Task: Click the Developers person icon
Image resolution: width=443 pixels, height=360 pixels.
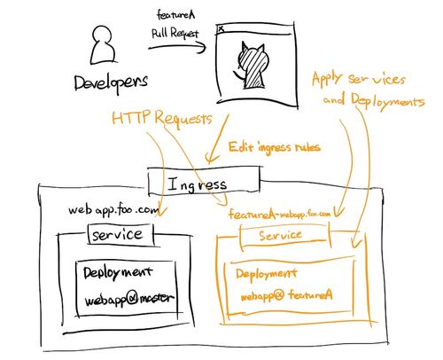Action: (x=103, y=45)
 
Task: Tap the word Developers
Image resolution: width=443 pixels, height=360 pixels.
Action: (x=111, y=83)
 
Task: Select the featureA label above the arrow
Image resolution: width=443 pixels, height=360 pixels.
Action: (x=176, y=15)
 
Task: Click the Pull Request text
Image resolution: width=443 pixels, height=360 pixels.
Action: (x=175, y=33)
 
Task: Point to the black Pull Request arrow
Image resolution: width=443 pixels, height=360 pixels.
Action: (x=177, y=47)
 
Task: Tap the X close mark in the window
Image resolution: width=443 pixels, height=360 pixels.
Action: (x=221, y=29)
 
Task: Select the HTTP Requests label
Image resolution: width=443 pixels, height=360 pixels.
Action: (x=162, y=118)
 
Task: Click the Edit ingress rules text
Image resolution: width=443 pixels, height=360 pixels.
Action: (x=275, y=146)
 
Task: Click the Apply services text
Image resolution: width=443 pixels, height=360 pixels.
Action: (x=359, y=79)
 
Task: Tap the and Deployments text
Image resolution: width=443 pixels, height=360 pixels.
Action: (x=374, y=100)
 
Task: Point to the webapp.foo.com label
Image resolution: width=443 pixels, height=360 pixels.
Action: (x=113, y=211)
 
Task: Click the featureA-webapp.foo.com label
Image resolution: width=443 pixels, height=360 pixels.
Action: (x=279, y=214)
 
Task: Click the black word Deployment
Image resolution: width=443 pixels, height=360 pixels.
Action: (x=118, y=272)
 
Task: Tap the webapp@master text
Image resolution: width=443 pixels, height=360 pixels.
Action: (x=129, y=299)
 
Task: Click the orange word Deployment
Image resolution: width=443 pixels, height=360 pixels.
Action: (x=267, y=274)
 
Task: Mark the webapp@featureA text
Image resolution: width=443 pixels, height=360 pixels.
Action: (x=286, y=295)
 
